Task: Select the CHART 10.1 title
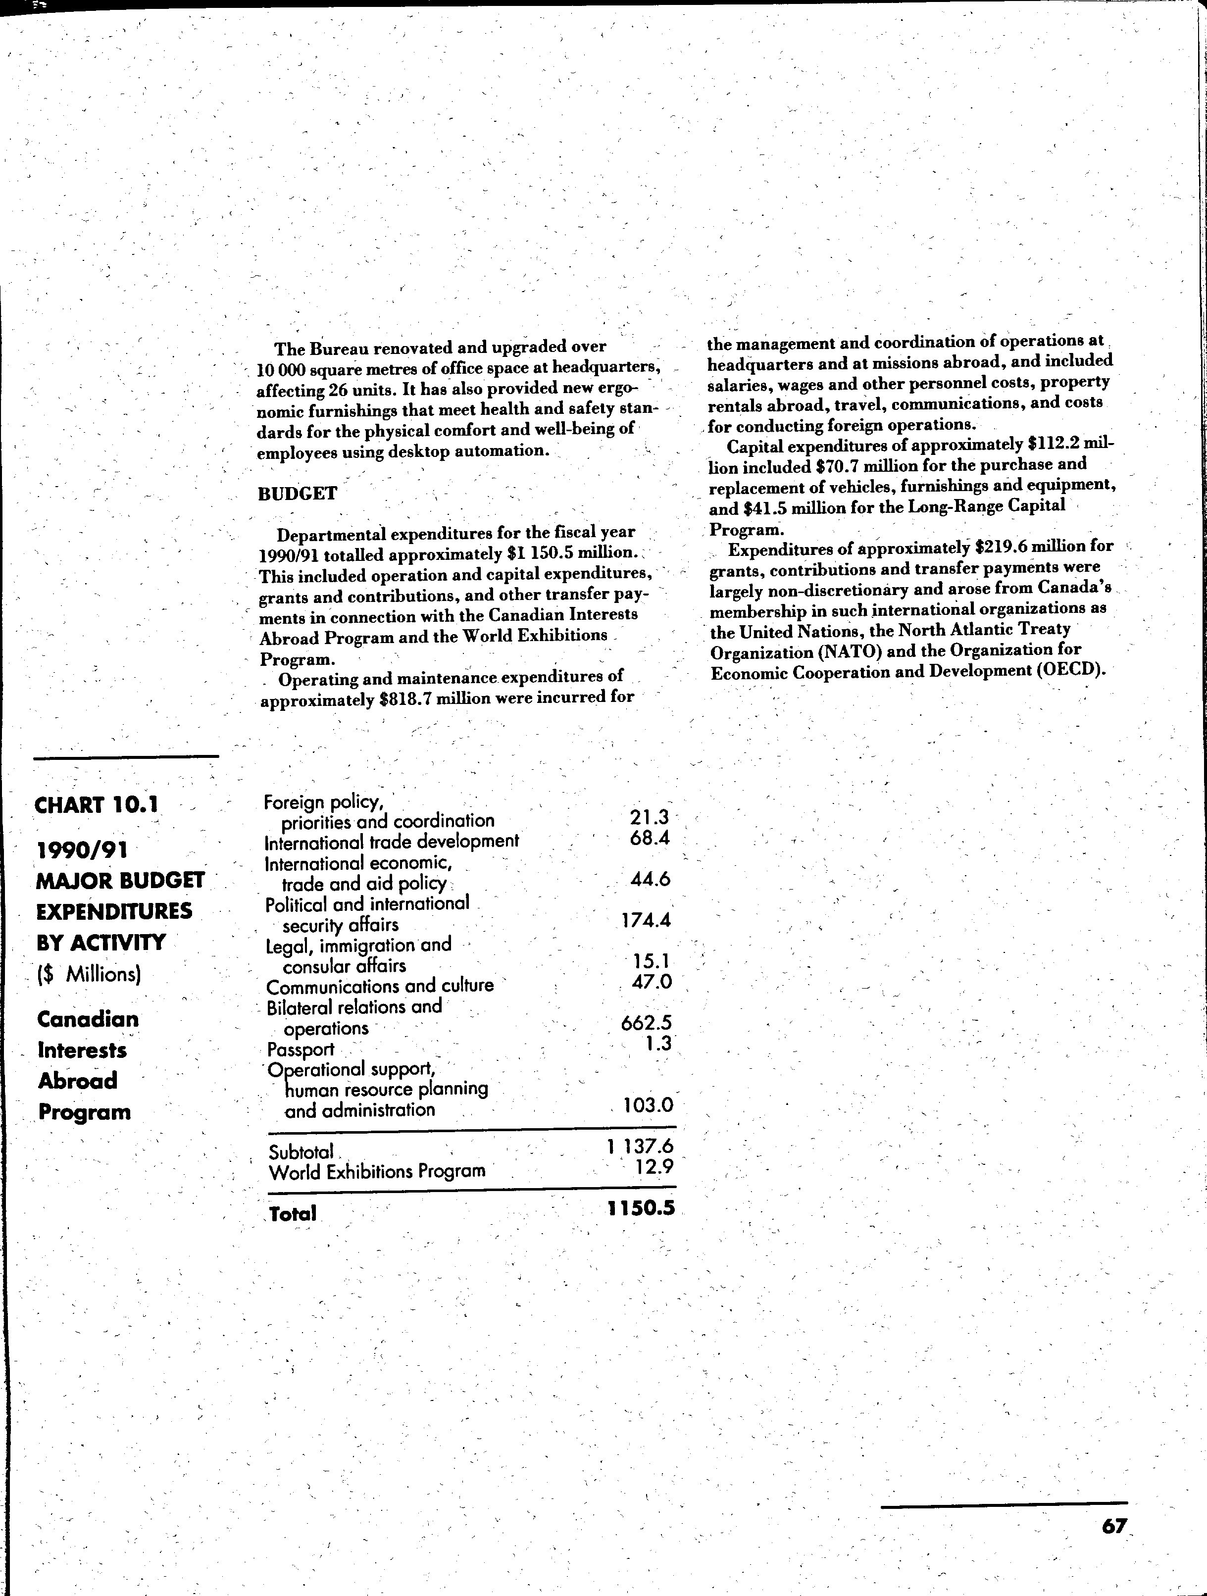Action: (97, 804)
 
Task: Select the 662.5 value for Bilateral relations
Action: (647, 1023)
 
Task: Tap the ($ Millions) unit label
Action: (89, 975)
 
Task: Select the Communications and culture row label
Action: (380, 986)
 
